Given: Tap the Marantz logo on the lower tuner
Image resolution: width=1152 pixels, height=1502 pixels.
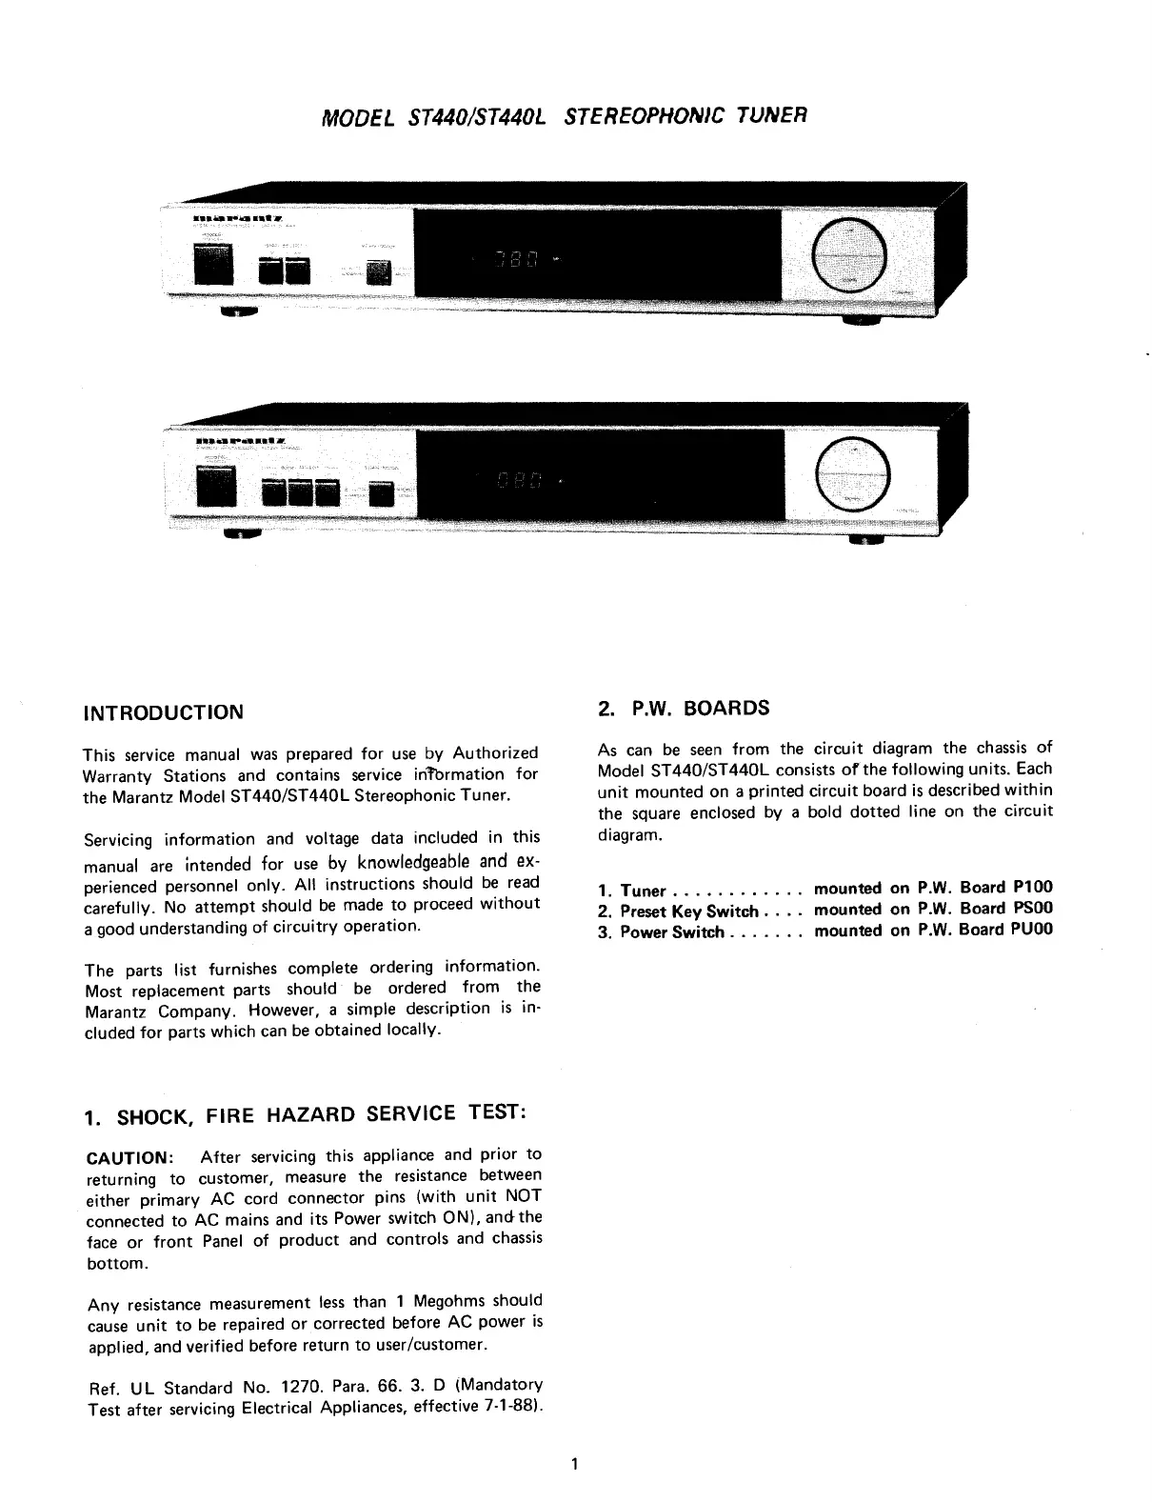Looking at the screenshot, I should [x=240, y=442].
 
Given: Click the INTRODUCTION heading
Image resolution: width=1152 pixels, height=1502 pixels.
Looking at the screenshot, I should [x=164, y=712].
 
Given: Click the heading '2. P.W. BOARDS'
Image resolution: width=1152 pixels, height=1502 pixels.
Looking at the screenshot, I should [x=684, y=709].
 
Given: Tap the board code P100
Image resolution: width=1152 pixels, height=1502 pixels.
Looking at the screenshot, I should [x=1033, y=887].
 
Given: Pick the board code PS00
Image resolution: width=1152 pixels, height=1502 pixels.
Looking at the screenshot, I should [x=1033, y=909].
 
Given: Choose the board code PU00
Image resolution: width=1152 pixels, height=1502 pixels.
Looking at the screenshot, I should [x=1032, y=930].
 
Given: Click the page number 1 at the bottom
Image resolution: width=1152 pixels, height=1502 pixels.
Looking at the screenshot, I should [x=575, y=1464].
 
